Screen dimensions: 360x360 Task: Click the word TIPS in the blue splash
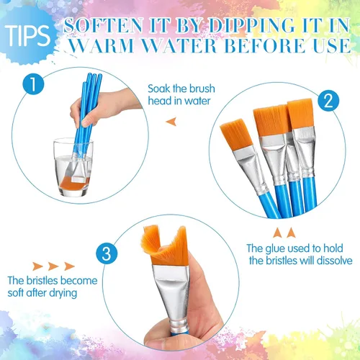point(27,35)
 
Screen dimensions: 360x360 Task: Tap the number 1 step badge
point(33,84)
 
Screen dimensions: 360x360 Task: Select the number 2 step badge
point(328,101)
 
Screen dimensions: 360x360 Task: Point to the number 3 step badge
point(107,253)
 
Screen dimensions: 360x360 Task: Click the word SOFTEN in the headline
point(103,25)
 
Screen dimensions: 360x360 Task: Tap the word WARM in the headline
point(102,45)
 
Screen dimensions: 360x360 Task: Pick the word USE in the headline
point(333,45)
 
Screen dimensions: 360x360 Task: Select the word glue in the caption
point(276,249)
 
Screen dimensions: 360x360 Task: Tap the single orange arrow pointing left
point(171,122)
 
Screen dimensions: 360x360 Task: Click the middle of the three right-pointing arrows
point(53,266)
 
